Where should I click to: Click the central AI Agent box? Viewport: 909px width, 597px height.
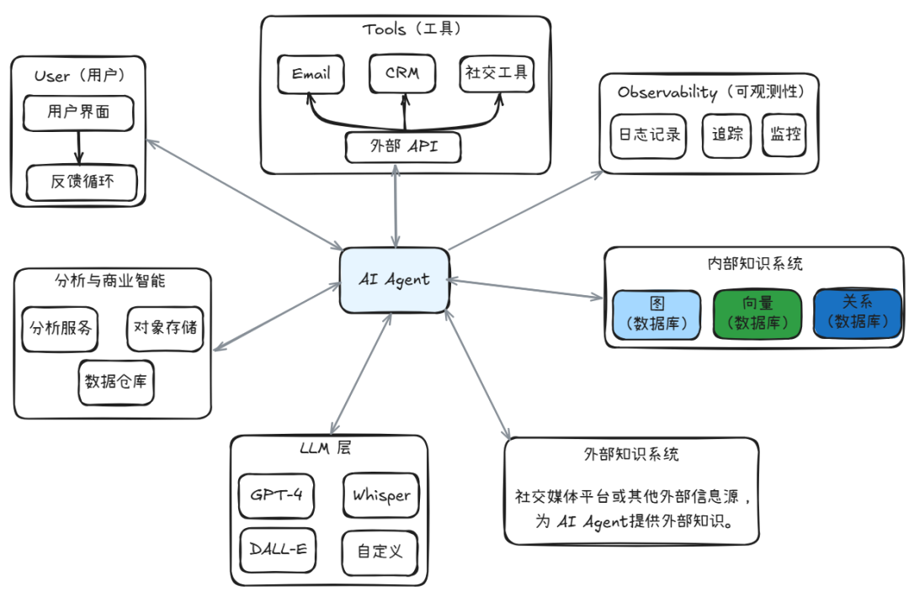click(x=394, y=280)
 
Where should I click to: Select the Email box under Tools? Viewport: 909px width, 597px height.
click(x=311, y=74)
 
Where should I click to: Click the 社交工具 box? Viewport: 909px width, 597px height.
click(x=497, y=74)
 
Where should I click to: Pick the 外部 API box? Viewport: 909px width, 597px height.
click(x=404, y=147)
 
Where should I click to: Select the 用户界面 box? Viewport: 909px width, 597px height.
click(x=78, y=112)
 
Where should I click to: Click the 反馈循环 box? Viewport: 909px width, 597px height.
click(x=82, y=182)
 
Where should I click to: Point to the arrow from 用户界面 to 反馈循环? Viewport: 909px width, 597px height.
click(x=79, y=147)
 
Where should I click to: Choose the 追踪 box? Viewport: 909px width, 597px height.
click(x=726, y=135)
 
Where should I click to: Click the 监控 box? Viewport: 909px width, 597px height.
click(x=784, y=135)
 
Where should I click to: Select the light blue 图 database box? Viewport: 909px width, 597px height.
click(x=656, y=313)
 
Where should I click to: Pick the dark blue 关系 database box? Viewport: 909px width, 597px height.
click(x=856, y=313)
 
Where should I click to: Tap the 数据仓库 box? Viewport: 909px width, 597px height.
click(x=116, y=381)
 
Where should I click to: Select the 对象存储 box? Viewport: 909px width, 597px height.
click(x=165, y=328)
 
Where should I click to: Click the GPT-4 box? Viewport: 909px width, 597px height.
click(x=277, y=494)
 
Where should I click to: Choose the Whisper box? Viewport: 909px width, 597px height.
click(x=381, y=494)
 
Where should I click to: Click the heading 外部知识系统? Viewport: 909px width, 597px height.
click(x=631, y=455)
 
